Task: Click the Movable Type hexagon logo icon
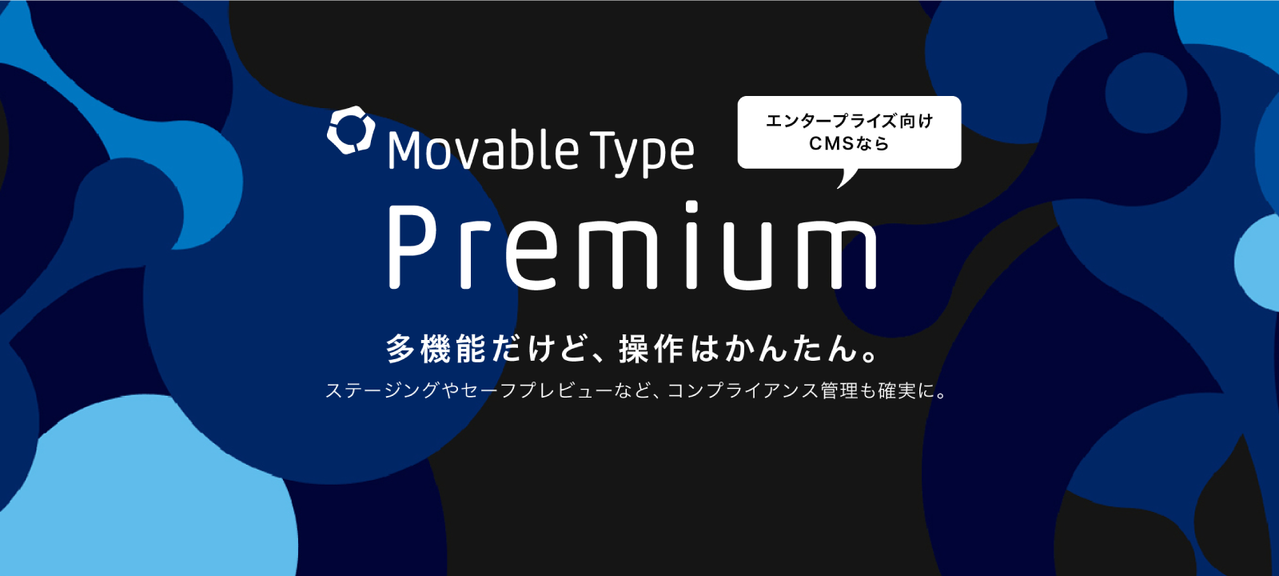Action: tap(351, 130)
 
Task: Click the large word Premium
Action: tap(632, 245)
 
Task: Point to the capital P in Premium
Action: tap(412, 247)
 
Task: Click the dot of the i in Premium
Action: tap(692, 206)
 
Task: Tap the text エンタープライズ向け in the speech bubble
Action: tap(849, 121)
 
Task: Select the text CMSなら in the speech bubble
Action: tap(849, 143)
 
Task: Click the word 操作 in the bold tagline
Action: tap(651, 349)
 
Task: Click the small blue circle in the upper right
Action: tap(1146, 93)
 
